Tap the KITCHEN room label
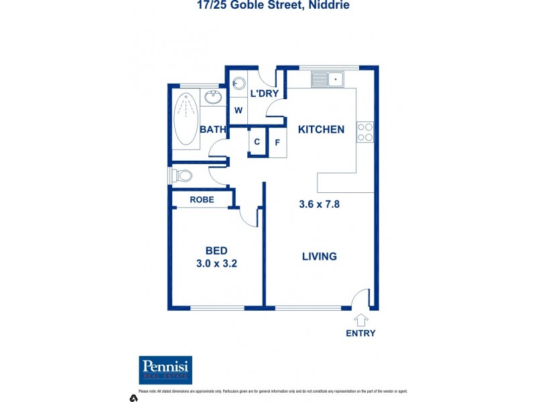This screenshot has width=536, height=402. (321, 129)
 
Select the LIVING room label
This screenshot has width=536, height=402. (319, 256)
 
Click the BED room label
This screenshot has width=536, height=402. (216, 251)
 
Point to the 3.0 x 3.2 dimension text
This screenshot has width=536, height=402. (216, 263)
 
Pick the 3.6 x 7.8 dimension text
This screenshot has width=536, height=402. (319, 204)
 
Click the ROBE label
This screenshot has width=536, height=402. (202, 199)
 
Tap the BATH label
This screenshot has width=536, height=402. (212, 129)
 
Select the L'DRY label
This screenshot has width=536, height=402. (264, 94)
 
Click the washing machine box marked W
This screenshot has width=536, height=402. (238, 111)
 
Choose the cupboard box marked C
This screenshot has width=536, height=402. (257, 142)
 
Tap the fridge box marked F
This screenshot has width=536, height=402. (277, 142)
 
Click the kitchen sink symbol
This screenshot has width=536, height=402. (327, 79)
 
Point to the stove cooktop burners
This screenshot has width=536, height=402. (365, 132)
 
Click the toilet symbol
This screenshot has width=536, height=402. (181, 176)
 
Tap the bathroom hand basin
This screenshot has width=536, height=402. (213, 98)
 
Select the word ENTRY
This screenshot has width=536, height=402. (360, 333)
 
